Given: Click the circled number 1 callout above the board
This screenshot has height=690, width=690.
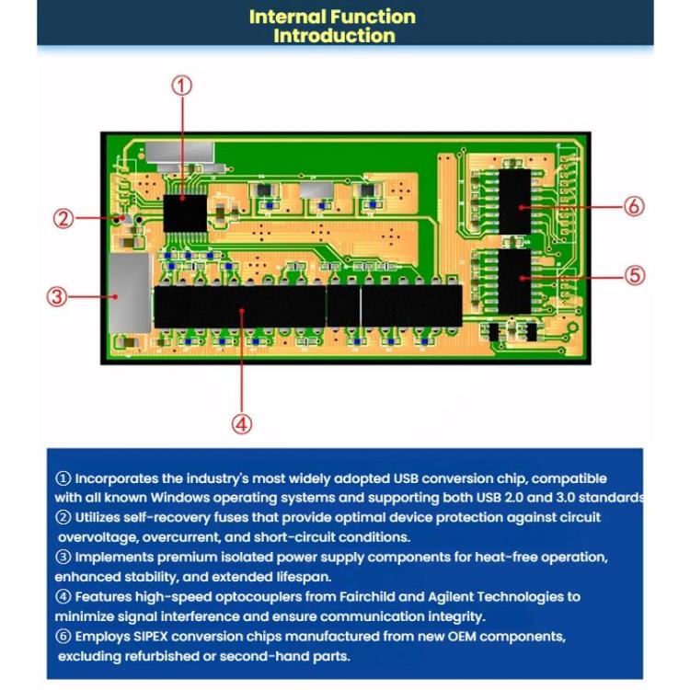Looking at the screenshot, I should (x=183, y=86).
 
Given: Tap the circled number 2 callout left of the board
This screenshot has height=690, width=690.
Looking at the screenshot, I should (x=63, y=218).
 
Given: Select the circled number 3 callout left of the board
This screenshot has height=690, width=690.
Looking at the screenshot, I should (x=57, y=296).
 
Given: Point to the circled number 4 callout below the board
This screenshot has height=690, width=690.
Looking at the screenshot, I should (x=241, y=423).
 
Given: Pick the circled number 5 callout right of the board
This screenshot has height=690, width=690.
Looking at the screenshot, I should (x=635, y=275).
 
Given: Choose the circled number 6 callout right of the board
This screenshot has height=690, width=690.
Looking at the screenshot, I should (x=635, y=206).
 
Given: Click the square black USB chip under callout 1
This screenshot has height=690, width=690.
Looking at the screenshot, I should (x=184, y=213).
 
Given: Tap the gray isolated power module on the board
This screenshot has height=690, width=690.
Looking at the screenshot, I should (x=129, y=293).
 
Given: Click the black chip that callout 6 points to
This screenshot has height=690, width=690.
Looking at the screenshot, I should (x=516, y=201).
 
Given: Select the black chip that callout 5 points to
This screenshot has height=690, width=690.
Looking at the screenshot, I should (x=516, y=280).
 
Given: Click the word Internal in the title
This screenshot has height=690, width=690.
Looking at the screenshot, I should (x=281, y=17).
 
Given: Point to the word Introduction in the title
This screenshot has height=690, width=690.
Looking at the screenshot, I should (x=334, y=36).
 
